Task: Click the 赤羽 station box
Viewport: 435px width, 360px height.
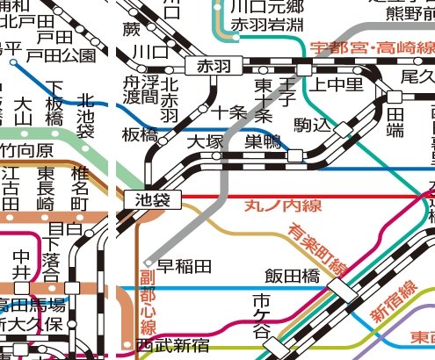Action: tap(211, 67)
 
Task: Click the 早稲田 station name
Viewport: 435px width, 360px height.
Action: tap(185, 265)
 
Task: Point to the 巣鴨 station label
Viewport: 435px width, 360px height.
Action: tap(265, 140)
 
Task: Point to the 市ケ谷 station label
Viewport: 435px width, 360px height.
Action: tap(261, 319)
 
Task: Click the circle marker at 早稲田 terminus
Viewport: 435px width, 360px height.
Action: tap(148, 263)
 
